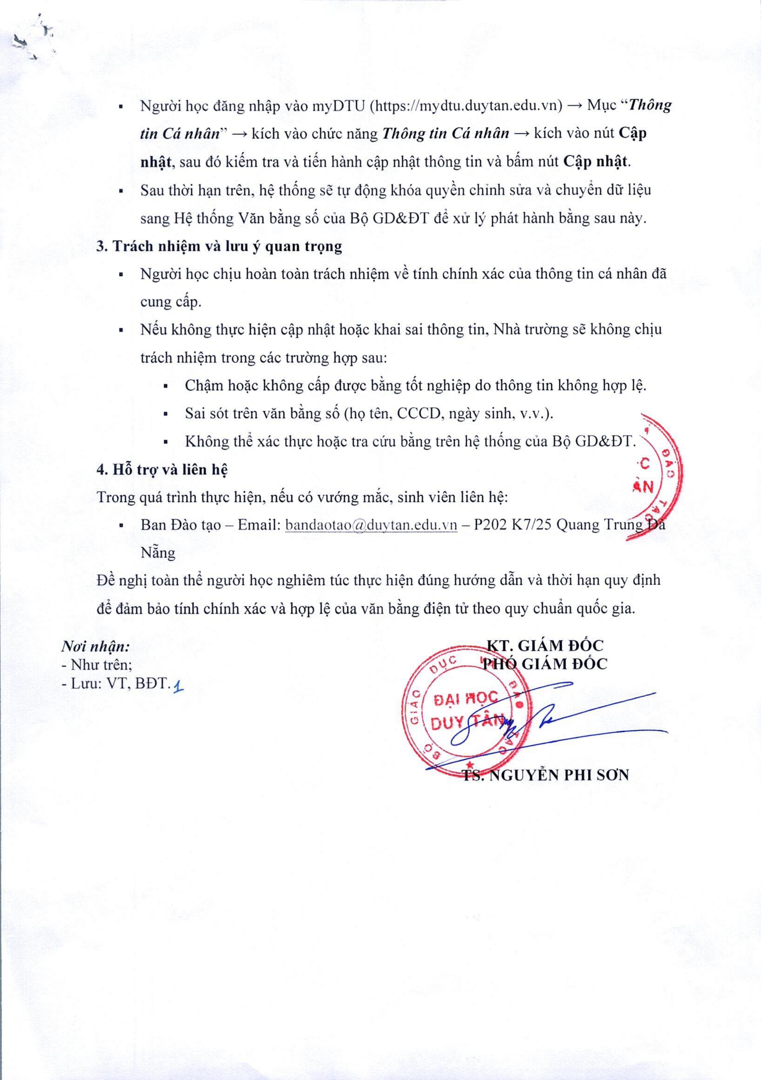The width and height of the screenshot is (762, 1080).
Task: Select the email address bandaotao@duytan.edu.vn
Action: (371, 525)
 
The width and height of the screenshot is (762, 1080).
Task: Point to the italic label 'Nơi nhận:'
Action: (96, 647)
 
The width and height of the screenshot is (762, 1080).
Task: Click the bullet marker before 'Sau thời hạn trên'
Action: (121, 191)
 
